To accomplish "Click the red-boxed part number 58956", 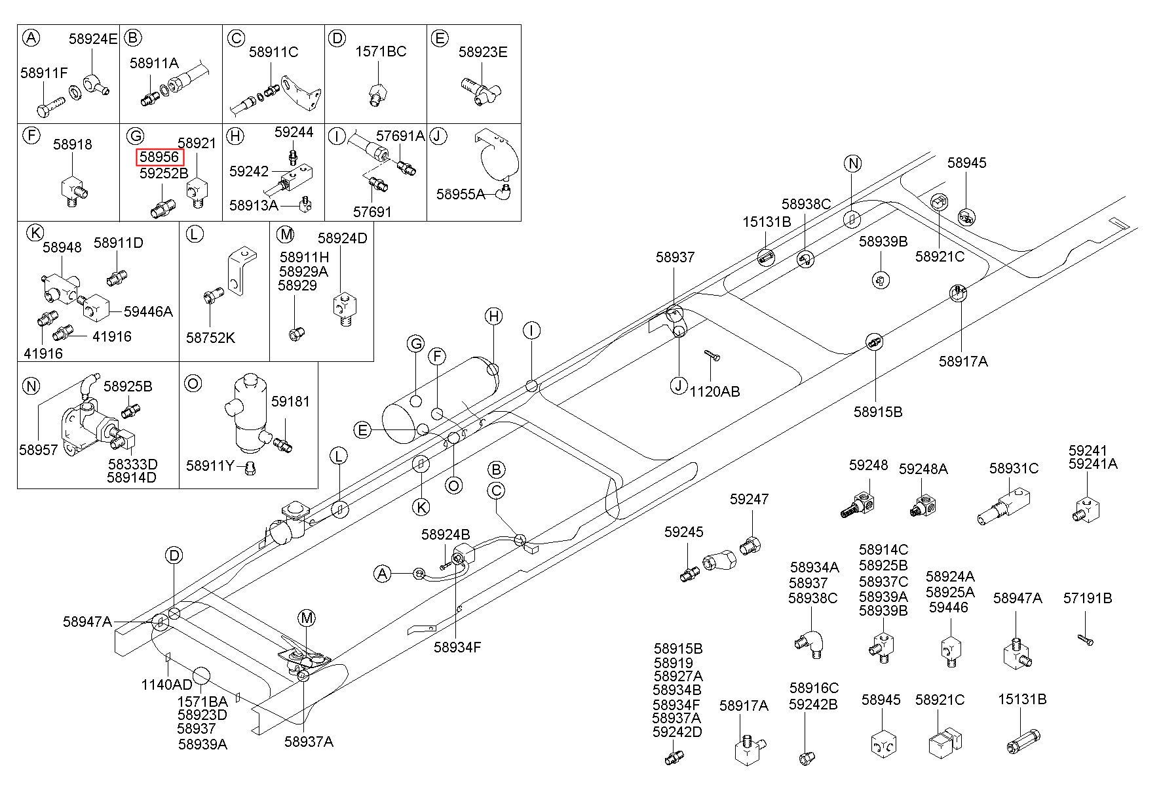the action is pos(160,157).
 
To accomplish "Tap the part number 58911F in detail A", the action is pos(44,73).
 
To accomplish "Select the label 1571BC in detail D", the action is pos(381,51).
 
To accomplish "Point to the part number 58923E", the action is pos(483,52).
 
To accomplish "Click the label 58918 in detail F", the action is pos(73,144).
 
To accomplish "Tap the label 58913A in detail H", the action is pos(254,205).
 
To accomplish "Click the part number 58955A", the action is pos(461,194).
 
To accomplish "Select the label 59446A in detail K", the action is pos(148,311).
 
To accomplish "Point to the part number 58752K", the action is pos(210,338).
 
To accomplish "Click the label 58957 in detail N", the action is pos(39,450).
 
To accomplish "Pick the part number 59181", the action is pos(290,401).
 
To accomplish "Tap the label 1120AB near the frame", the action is pos(715,391).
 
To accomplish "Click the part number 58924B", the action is pos(446,534).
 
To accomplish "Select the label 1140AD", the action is pos(167,685).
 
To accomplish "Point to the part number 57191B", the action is pos(1088,598).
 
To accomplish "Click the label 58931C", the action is pos(1014,468).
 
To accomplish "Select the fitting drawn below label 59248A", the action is pos(924,505).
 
